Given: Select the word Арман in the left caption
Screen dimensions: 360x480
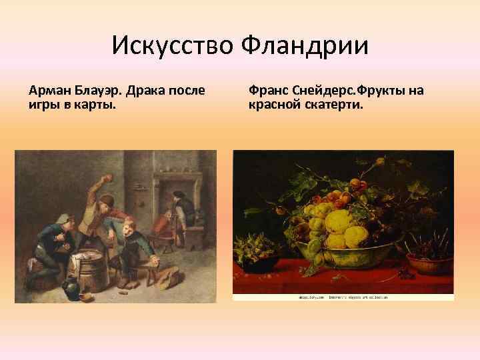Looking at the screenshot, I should (x=48, y=90).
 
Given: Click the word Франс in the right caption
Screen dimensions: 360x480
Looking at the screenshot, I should (x=268, y=90).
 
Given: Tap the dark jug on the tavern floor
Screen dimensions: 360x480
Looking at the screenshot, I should (x=71, y=290).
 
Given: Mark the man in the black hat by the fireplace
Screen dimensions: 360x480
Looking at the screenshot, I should (x=179, y=207).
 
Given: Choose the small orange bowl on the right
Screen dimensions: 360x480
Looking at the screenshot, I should (x=429, y=263).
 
